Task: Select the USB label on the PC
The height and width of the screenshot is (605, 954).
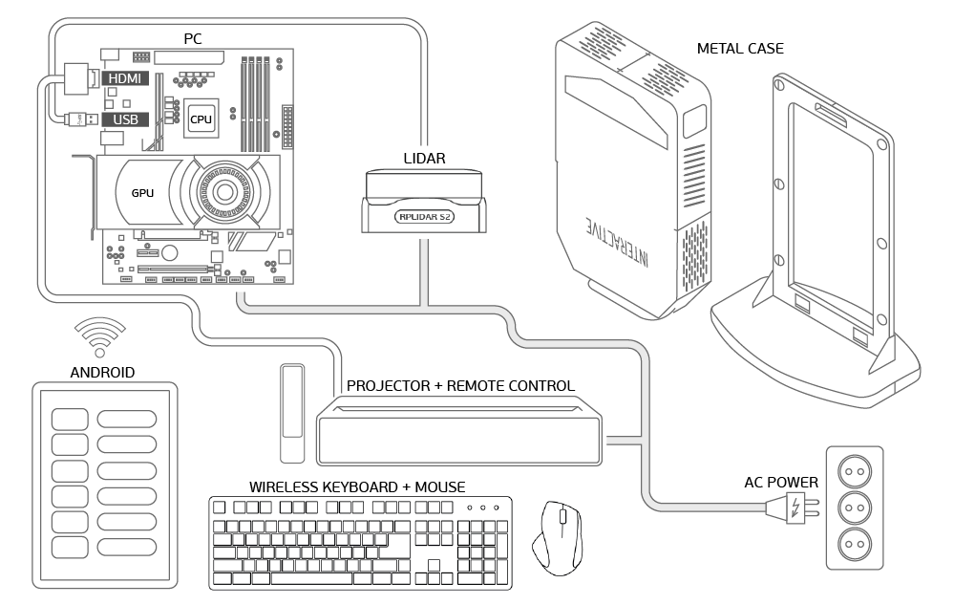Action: pyautogui.click(x=125, y=119)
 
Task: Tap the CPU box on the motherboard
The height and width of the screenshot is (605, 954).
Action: pyautogui.click(x=201, y=119)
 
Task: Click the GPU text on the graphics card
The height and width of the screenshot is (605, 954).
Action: pyautogui.click(x=142, y=193)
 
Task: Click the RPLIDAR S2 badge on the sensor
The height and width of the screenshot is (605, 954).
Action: pyautogui.click(x=424, y=217)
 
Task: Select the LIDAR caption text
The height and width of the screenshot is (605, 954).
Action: pyautogui.click(x=424, y=159)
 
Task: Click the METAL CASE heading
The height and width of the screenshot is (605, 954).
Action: pyautogui.click(x=740, y=49)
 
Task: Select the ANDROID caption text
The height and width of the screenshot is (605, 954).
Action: pyautogui.click(x=102, y=372)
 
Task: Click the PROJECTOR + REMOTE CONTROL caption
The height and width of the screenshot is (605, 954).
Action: pyautogui.click(x=460, y=386)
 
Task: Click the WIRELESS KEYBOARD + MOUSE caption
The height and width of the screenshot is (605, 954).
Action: pyautogui.click(x=357, y=487)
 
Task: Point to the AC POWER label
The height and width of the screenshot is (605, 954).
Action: pyautogui.click(x=780, y=482)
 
